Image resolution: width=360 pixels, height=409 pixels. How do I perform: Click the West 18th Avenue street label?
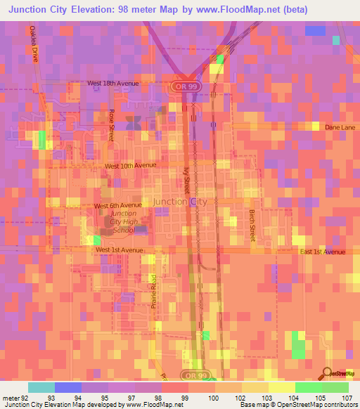point(113,83)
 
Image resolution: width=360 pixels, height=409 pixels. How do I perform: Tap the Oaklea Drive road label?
point(33,44)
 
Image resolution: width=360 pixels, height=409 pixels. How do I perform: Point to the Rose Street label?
point(111,125)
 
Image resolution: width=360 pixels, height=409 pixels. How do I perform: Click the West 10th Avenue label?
point(130,166)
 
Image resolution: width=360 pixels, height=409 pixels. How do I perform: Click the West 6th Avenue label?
point(117,206)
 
